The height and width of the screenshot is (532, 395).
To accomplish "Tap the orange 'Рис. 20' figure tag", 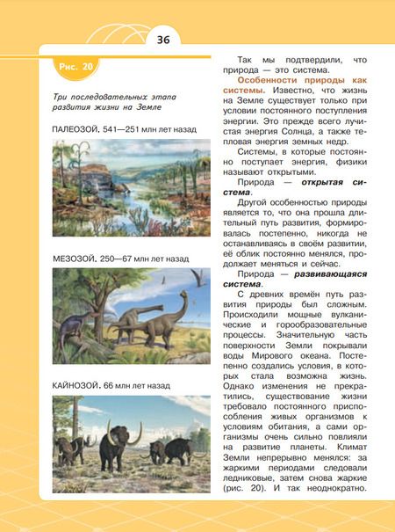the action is (75, 67).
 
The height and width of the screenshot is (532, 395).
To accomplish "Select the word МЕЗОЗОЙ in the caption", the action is (75, 260).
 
